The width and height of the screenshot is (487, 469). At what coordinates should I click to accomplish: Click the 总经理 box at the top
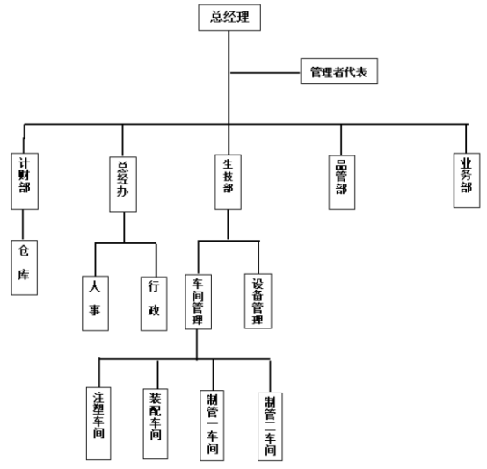229,18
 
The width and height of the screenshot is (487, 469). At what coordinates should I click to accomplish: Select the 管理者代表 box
339,71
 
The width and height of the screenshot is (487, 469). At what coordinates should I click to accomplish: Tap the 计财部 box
25,181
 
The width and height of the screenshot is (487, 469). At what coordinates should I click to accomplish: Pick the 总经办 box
123,184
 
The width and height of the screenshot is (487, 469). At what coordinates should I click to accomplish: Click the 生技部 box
228,182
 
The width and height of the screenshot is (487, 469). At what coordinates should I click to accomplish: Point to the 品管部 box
342,182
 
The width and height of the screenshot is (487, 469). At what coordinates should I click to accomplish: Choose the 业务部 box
467,180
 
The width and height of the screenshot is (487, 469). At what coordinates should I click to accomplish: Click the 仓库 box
25,268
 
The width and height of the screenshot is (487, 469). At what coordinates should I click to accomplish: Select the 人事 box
95,304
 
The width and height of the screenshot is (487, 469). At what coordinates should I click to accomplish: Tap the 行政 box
154,304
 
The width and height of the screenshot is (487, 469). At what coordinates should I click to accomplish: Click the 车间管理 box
199,302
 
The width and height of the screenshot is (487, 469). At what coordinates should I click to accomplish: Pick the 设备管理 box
258,301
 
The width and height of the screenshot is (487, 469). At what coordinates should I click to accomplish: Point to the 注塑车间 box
98,423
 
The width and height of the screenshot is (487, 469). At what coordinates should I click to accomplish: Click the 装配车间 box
156,424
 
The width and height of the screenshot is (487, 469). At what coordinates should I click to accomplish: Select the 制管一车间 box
213,426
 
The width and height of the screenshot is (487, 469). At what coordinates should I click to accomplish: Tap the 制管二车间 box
270,427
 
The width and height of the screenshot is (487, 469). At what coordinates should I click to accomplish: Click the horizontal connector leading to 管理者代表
265,73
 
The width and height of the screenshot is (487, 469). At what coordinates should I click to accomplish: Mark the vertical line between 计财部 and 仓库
23,225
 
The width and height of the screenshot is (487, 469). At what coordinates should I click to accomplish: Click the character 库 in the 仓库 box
24,275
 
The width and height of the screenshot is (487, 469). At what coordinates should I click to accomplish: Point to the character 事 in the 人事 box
95,310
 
